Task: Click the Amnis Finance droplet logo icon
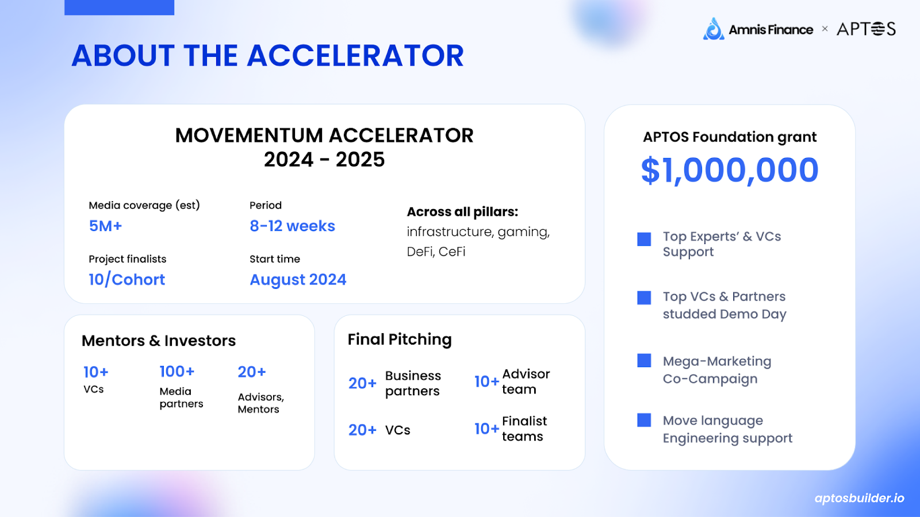coord(714,29)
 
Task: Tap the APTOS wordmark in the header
coord(866,29)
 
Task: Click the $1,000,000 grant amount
coord(730,170)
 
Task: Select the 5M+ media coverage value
coord(106,226)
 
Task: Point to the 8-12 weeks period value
coord(293,226)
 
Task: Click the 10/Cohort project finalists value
coord(127,279)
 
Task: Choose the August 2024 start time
coord(298,280)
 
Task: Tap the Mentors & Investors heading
coord(159,341)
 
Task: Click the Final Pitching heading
coord(400,339)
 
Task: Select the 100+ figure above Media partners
coord(177,371)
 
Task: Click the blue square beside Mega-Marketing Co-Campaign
coord(644,360)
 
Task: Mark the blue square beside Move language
coord(644,420)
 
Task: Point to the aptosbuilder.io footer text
coord(860,498)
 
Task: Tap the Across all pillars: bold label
coord(462,212)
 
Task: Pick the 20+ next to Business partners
coord(362,383)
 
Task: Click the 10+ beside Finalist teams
coord(486,429)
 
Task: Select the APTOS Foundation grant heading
coord(730,137)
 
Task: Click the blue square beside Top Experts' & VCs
coord(644,239)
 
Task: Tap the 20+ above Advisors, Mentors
coord(252,372)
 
